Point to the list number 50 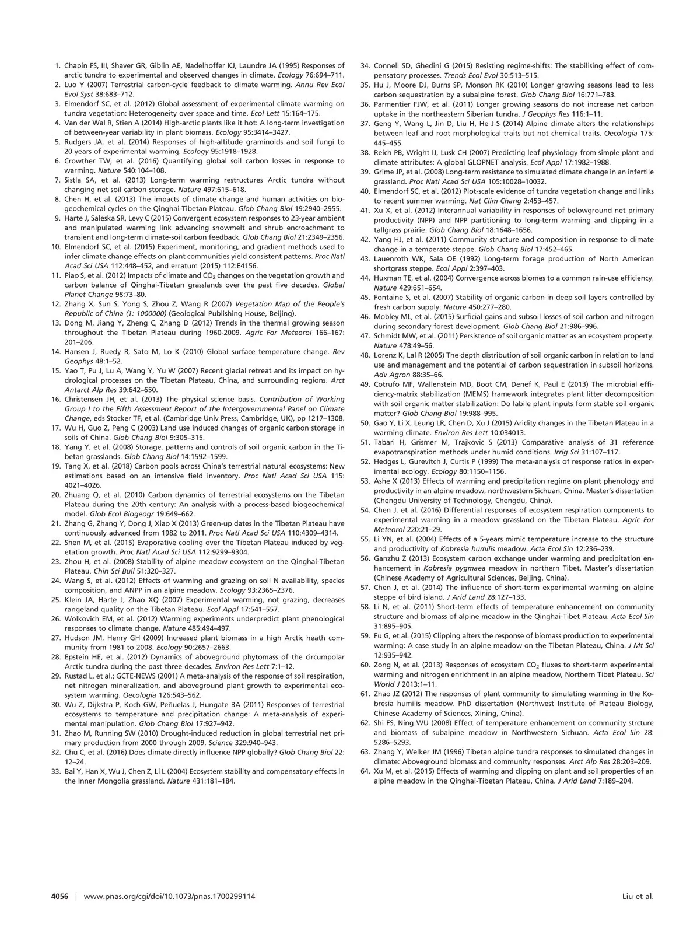(x=365, y=423)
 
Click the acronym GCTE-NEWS (x=128, y=676)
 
